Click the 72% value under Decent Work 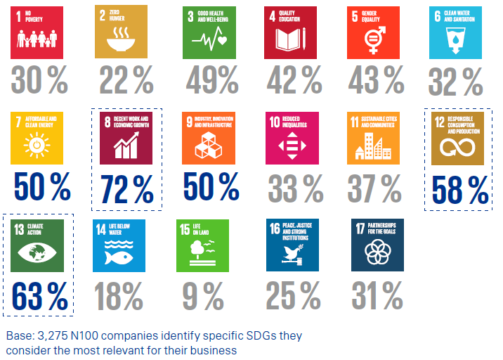[127, 189]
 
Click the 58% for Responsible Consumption [460, 189]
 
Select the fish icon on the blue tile [118, 257]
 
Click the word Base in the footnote [18, 335]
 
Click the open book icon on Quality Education [287, 42]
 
